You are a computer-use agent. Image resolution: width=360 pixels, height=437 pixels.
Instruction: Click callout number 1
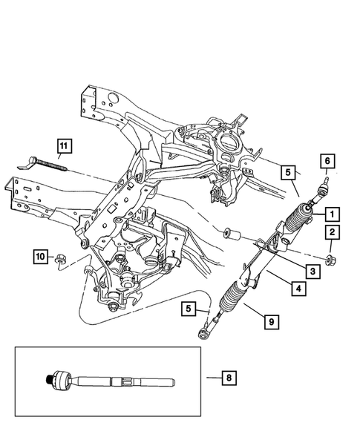tap(331, 214)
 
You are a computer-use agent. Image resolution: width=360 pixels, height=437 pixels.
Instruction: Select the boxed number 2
tap(331, 234)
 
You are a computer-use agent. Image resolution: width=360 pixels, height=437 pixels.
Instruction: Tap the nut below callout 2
tap(328, 260)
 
